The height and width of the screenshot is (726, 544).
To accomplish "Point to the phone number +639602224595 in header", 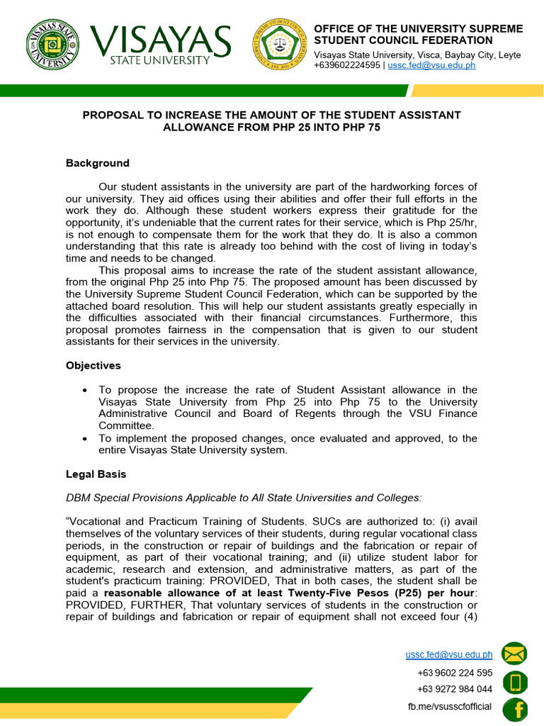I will click(346, 65).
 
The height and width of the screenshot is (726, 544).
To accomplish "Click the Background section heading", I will click(98, 163).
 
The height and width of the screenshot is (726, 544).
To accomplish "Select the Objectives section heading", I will click(93, 366).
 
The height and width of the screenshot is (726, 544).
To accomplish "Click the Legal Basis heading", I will click(96, 474).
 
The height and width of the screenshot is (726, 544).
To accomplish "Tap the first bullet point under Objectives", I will click(85, 390).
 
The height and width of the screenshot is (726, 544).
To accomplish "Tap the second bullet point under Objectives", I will click(85, 438).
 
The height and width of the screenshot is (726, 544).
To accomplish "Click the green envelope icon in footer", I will click(515, 654).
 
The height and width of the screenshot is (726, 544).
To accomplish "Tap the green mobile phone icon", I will click(515, 682).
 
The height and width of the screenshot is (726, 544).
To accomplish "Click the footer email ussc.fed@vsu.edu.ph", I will click(448, 655).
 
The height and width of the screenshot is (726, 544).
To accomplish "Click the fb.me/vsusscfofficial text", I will click(450, 707).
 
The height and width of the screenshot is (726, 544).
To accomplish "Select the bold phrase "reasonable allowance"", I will click(157, 593).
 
